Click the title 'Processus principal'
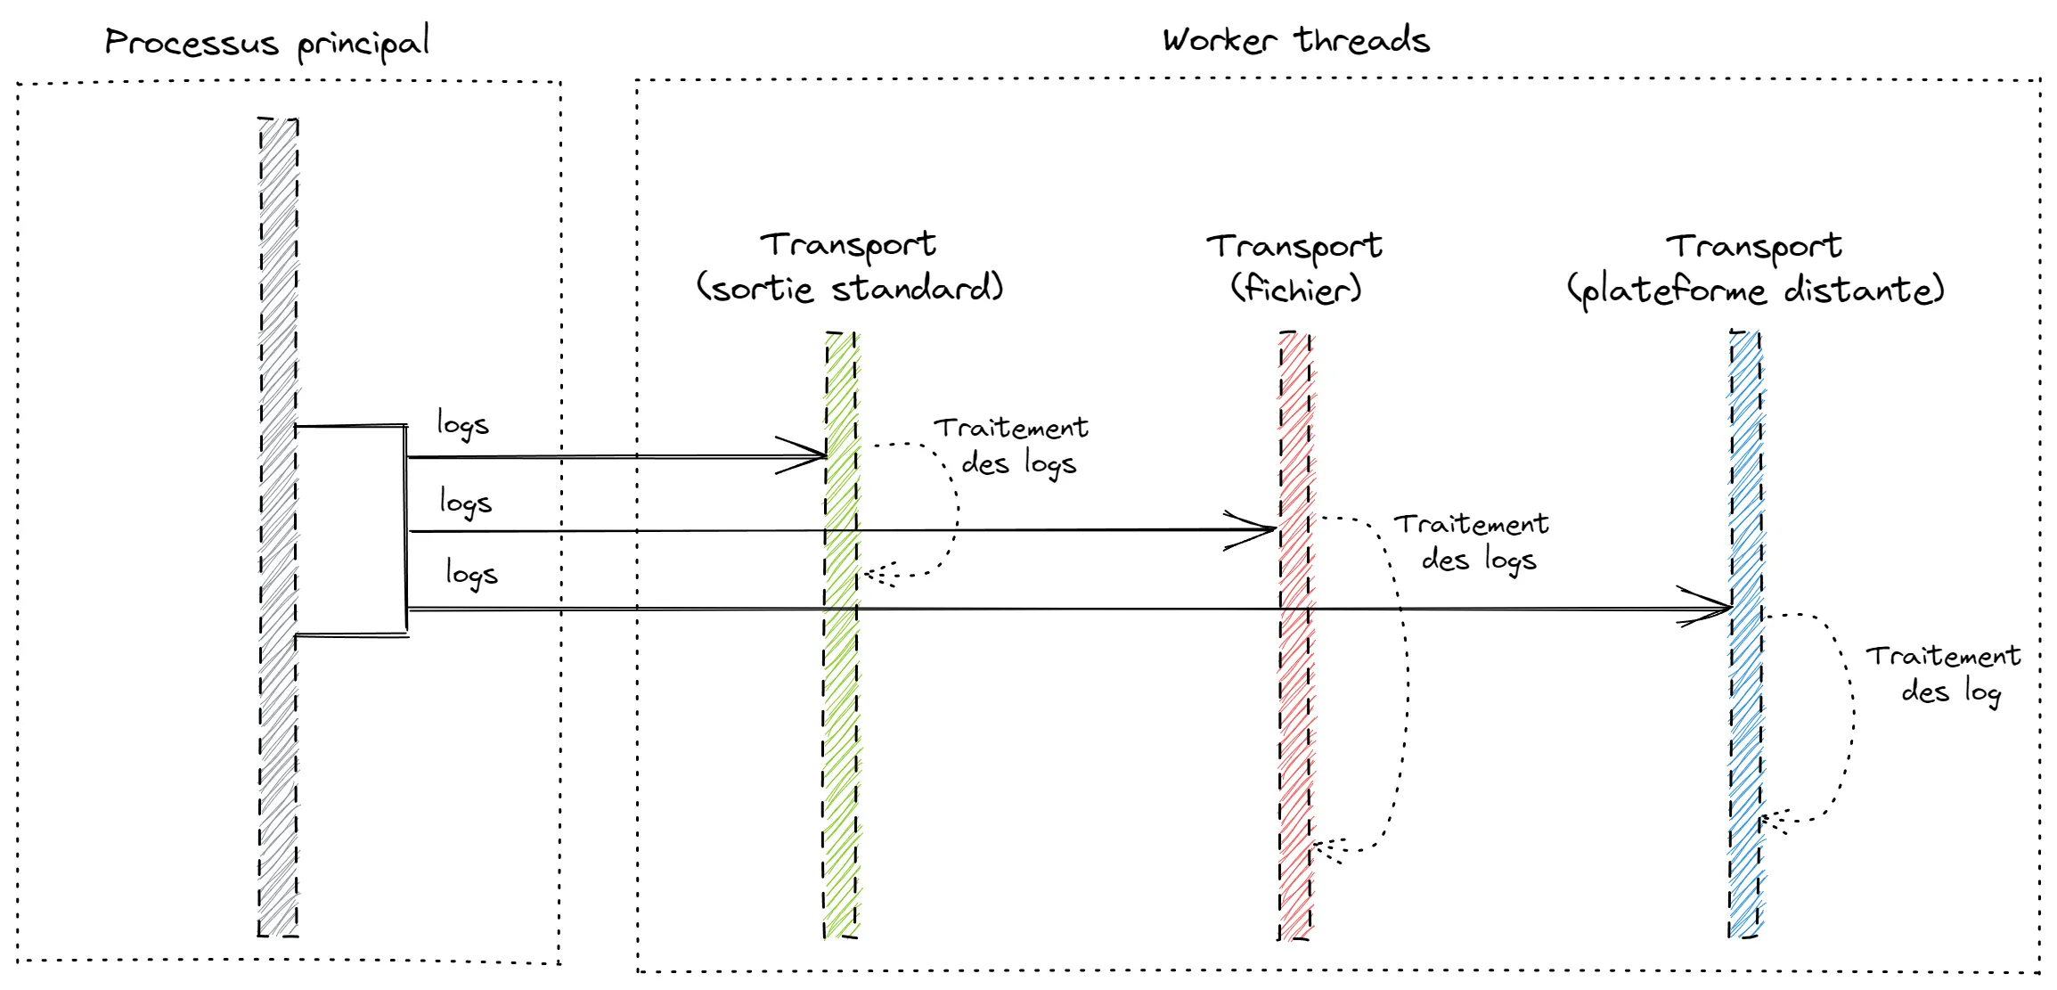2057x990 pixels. (x=267, y=43)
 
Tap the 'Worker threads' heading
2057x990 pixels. (x=1295, y=41)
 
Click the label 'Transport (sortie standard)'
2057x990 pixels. (x=849, y=266)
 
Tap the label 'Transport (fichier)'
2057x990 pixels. (x=1295, y=267)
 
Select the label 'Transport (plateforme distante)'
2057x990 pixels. (x=1755, y=268)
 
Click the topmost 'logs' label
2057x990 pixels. (x=462, y=424)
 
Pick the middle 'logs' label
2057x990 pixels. (x=465, y=502)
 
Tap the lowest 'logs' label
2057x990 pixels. (x=471, y=573)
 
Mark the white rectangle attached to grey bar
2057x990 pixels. (x=351, y=530)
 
